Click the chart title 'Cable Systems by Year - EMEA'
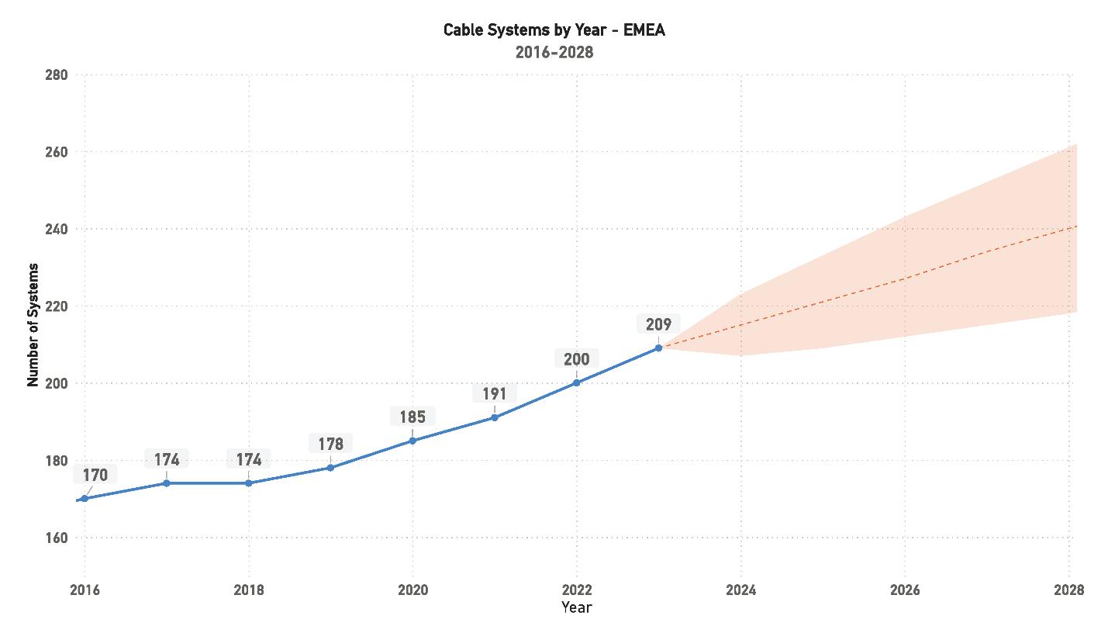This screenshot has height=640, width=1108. pos(554,30)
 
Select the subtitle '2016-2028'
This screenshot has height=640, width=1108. pos(554,53)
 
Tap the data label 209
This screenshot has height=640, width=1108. pos(658,324)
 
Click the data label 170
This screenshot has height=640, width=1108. pos(95,475)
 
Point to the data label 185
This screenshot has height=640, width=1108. pos(412,417)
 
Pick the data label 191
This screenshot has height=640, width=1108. pos(494,393)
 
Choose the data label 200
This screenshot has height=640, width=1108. pos(576,359)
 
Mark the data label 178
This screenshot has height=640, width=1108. pos(330,445)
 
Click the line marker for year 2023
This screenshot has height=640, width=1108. pos(658,348)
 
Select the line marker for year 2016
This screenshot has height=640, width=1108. pos(85,499)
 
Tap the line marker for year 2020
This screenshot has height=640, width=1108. pos(412,441)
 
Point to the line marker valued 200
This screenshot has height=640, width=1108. pos(577,382)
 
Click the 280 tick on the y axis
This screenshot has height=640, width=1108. pos(57,75)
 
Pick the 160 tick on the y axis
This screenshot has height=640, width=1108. pos(57,538)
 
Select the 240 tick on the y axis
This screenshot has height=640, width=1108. pos(57,230)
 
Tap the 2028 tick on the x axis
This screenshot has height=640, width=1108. pos(1068,590)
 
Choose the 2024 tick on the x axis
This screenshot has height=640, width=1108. pos(740,590)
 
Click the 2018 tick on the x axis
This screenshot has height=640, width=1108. pos(249,590)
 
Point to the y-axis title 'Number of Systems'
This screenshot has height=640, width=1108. pos(33,325)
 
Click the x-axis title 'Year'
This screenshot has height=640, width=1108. pos(577,607)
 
